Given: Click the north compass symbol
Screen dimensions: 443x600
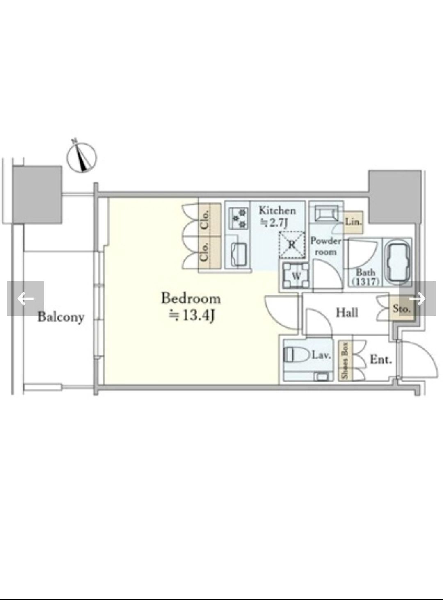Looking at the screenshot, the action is [x=81, y=157].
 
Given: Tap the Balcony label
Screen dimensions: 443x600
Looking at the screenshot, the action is [x=61, y=317].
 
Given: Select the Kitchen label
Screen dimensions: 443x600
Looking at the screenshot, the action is [x=277, y=210].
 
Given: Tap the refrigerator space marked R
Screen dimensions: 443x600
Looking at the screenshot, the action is [x=292, y=245].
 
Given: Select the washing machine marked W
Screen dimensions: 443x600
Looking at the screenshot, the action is [x=296, y=275].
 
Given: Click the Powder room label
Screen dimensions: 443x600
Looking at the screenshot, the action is [x=326, y=246].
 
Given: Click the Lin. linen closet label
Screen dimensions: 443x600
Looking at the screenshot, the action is [x=354, y=222].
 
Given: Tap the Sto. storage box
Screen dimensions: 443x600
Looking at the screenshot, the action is [x=402, y=309].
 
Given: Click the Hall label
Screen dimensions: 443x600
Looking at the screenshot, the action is [x=347, y=312].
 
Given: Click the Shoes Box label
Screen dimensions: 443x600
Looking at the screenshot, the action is [x=345, y=360].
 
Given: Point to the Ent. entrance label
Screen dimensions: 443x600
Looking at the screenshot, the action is [x=381, y=359].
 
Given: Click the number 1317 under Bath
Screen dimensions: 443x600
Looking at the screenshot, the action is [x=366, y=281].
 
